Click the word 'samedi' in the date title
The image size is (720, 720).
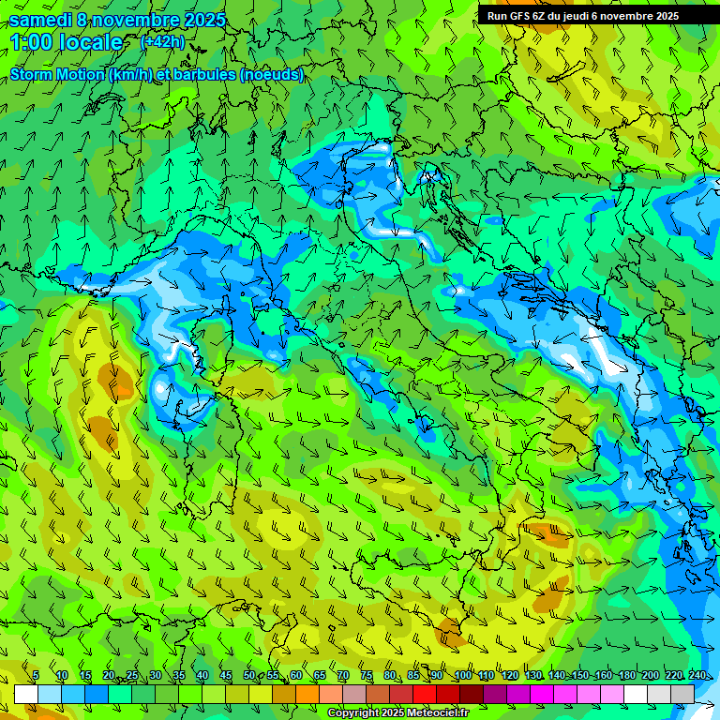[x=40, y=19]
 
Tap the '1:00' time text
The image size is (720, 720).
[x=32, y=42]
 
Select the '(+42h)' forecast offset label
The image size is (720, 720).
[x=163, y=41]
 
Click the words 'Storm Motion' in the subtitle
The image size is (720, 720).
[x=56, y=75]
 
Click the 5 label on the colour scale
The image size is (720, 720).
[x=36, y=675]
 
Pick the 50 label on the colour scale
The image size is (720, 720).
[x=248, y=675]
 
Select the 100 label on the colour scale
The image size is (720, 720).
[x=462, y=675]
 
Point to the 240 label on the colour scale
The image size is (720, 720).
[x=697, y=675]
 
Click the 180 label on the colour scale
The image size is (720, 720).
[x=625, y=675]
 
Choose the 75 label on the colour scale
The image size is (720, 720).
[x=367, y=675]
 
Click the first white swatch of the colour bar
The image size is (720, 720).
[x=26, y=694]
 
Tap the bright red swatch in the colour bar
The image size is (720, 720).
[x=425, y=694]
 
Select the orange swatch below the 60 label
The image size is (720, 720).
[x=307, y=694]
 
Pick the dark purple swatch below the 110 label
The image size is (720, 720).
[x=495, y=694]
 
